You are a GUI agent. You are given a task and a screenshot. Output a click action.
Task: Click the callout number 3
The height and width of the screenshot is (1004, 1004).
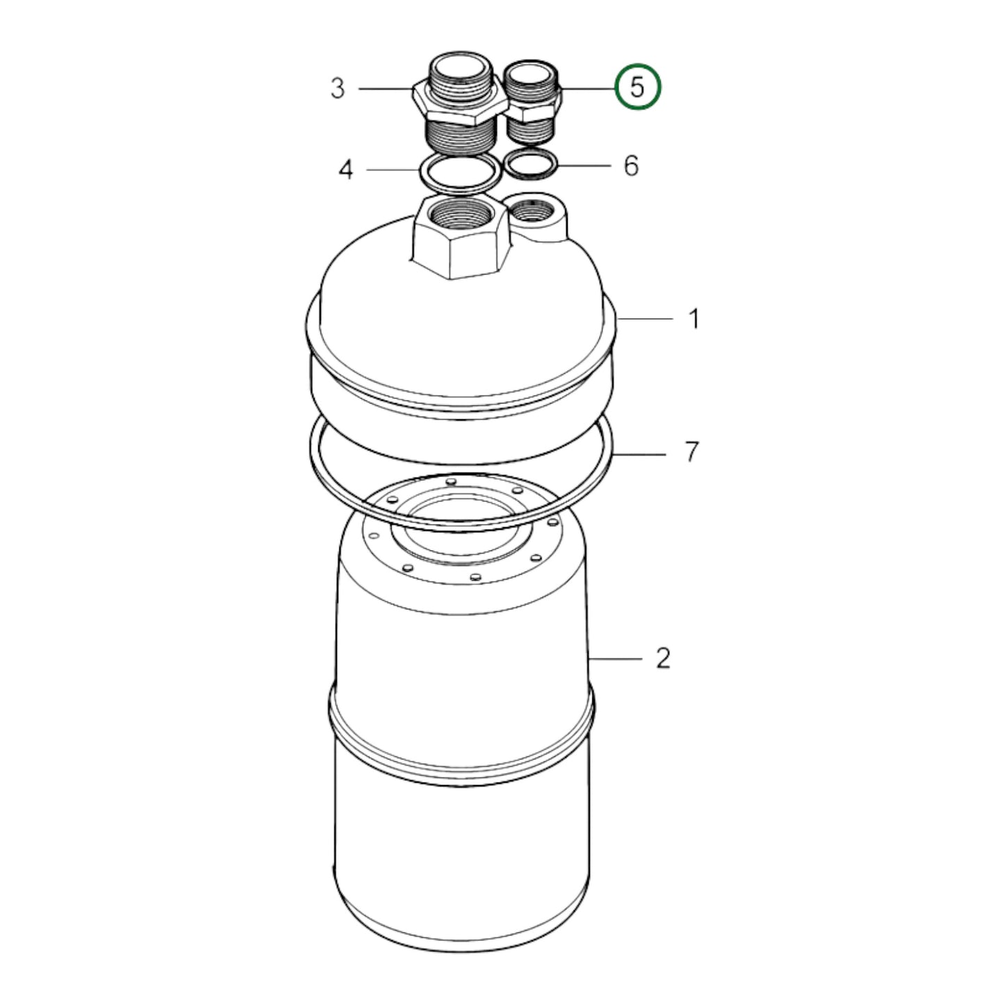[x=338, y=89]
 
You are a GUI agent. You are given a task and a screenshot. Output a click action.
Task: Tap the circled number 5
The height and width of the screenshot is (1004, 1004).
[x=638, y=87]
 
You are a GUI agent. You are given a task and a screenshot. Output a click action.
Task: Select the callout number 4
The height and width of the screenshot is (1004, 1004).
[x=346, y=170]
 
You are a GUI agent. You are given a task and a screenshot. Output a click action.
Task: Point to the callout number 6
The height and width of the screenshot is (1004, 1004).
[x=631, y=166]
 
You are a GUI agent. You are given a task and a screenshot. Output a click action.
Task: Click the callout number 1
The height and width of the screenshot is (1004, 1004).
[x=693, y=319]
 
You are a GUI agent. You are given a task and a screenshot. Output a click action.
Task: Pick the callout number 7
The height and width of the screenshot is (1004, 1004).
[x=691, y=453]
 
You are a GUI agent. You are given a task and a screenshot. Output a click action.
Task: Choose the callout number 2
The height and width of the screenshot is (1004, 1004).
[x=664, y=658]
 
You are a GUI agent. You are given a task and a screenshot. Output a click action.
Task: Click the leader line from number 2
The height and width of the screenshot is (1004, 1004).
[x=615, y=657]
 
